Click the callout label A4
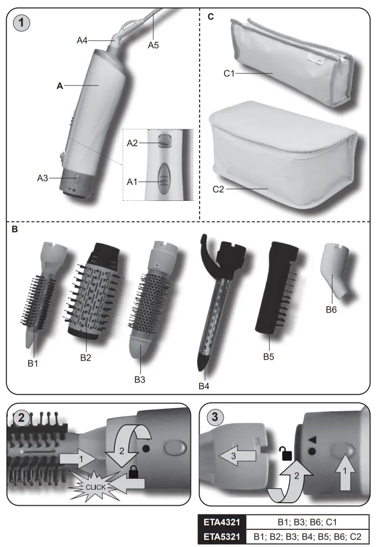click(83, 40)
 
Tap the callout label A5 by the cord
click(153, 45)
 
